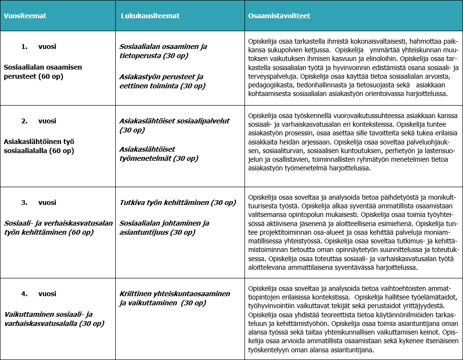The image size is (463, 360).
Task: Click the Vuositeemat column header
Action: click(25, 16)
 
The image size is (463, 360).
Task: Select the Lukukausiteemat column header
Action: click(150, 16)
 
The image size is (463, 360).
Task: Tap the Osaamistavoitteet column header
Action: click(279, 16)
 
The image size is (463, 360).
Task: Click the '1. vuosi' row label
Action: click(38, 47)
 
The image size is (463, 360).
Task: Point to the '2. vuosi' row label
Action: click(38, 121)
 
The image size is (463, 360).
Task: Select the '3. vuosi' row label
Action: click(38, 203)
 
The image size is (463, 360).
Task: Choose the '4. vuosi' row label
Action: click(38, 294)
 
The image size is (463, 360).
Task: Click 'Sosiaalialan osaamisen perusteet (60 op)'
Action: click(43, 72)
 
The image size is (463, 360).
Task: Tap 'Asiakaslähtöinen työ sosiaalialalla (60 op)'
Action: click(39, 146)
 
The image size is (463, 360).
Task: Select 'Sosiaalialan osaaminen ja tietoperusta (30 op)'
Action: click(163, 51)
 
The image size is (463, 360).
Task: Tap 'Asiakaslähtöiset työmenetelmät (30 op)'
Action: click(159, 154)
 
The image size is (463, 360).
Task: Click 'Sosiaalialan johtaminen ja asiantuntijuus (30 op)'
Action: click(164, 228)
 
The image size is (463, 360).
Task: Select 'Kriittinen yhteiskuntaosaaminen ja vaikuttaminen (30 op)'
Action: click(174, 298)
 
